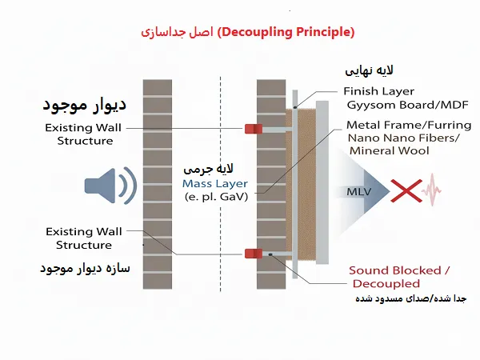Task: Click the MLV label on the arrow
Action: tap(358, 191)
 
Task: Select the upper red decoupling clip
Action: tap(254, 128)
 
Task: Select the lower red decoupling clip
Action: tap(254, 254)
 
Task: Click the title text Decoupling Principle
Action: tap(286, 33)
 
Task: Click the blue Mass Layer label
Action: tap(216, 183)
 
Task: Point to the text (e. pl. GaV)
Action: tap(216, 196)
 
